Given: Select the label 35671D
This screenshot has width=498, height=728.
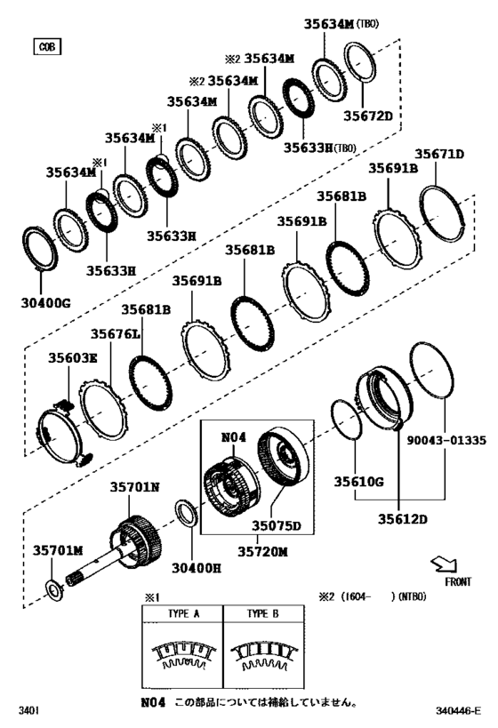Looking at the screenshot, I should tap(442, 155).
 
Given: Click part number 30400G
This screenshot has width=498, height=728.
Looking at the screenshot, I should tap(45, 302).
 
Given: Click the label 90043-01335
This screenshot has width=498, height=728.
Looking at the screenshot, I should tap(446, 440).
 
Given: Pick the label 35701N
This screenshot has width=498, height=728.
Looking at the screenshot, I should tap(134, 487).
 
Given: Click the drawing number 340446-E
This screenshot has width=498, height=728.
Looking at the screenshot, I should tap(457, 710).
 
